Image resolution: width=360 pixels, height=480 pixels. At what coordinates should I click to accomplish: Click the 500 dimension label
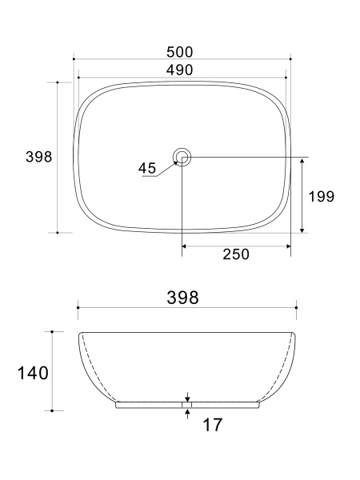pyautogui.click(x=182, y=52)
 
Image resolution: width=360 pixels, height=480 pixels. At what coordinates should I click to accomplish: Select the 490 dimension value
pyautogui.click(x=182, y=70)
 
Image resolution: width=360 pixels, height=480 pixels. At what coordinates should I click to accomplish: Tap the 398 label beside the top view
pyautogui.click(x=38, y=157)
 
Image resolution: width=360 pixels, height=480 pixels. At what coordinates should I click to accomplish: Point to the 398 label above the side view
pyautogui.click(x=183, y=297)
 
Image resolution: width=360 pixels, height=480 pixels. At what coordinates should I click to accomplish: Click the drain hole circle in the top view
pyautogui.click(x=182, y=157)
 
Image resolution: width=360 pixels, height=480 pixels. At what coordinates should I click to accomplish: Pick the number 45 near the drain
pyautogui.click(x=147, y=168)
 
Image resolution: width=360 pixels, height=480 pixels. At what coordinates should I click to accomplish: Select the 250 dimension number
pyautogui.click(x=235, y=254)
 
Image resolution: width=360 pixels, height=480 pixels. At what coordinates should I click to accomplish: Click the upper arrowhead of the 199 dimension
pyautogui.click(x=302, y=161)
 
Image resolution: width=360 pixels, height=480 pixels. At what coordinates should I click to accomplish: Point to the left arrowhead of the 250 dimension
pyautogui.click(x=186, y=246)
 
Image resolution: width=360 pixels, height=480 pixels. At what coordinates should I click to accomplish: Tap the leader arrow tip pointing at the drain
pyautogui.click(x=177, y=162)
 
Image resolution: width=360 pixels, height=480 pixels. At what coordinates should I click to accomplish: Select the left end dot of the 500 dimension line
pyautogui.click(x=74, y=58)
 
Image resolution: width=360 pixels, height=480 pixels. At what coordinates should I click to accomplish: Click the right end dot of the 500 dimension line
pyautogui.click(x=290, y=58)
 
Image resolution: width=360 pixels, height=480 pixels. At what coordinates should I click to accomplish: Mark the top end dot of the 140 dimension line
pyautogui.click(x=52, y=331)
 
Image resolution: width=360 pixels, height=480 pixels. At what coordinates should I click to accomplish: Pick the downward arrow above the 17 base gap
pyautogui.click(x=187, y=398)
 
